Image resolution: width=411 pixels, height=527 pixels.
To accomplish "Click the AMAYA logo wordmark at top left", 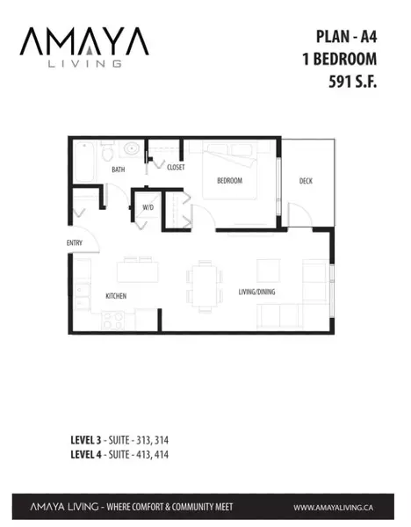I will [x=73, y=41].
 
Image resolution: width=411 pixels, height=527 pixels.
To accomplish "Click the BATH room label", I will [x=118, y=169].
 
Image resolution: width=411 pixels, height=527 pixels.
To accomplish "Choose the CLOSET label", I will [x=175, y=167].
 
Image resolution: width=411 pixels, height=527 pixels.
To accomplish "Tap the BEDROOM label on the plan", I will [x=229, y=181].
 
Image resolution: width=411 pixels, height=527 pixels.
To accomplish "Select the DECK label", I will [x=305, y=182].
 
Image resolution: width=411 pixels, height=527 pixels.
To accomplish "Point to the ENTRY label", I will [x=75, y=243].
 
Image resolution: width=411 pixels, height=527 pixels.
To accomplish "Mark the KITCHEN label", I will [x=116, y=296].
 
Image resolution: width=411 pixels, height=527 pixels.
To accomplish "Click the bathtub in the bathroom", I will [x=86, y=163].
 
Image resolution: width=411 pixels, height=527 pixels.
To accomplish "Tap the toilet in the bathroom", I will [x=107, y=155].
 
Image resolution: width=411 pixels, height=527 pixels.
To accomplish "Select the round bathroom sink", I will [x=133, y=149].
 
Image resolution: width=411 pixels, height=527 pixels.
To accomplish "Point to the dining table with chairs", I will [x=204, y=286].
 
